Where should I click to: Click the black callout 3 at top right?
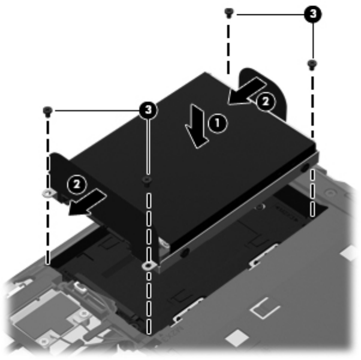(x=313, y=14)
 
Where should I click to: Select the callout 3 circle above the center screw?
(x=149, y=110)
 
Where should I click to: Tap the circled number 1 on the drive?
(x=218, y=123)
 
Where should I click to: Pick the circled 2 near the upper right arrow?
(x=266, y=101)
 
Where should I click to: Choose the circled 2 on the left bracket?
(x=77, y=184)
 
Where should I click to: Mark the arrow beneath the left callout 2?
(x=88, y=202)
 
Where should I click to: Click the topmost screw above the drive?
(x=228, y=13)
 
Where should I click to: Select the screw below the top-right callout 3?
(x=312, y=64)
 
